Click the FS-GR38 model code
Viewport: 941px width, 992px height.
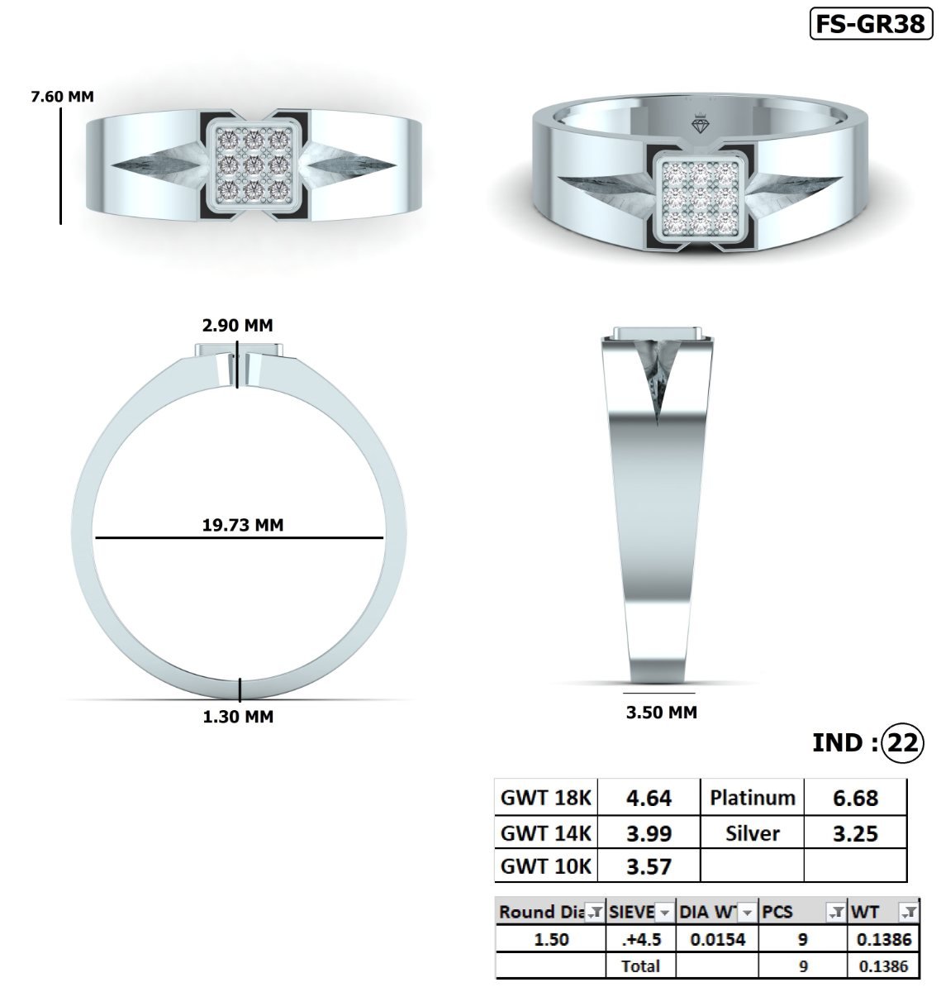[x=870, y=24]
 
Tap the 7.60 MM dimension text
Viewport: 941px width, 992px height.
[x=62, y=97]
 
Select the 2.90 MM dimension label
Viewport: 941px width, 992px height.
[x=238, y=326]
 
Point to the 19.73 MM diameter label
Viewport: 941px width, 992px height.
[x=242, y=525]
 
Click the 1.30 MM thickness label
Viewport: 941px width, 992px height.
[x=238, y=717]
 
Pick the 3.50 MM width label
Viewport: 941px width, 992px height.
[x=661, y=712]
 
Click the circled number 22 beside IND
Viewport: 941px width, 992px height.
[x=901, y=742]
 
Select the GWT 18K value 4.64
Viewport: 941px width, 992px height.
[x=649, y=799]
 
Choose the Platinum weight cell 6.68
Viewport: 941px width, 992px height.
[x=855, y=799]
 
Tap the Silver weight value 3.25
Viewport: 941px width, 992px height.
[x=855, y=833]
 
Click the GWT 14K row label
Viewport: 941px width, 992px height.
[x=546, y=833]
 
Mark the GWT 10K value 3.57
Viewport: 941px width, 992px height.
[x=649, y=867]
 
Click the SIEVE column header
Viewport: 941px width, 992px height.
[x=632, y=913]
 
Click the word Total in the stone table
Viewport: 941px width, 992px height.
[x=640, y=966]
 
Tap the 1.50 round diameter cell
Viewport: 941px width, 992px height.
[x=551, y=940]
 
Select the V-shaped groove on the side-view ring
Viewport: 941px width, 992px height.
[x=658, y=380]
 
